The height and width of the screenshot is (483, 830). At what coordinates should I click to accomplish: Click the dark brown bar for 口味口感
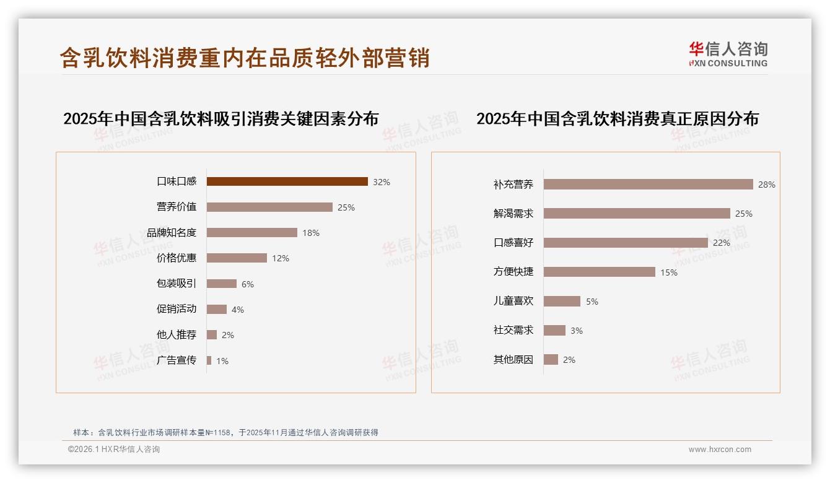click(x=287, y=181)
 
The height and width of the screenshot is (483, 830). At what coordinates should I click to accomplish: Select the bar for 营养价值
click(x=269, y=207)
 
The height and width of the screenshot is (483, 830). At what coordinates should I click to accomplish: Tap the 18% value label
click(x=311, y=233)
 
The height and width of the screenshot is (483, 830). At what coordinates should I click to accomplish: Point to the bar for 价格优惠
click(x=237, y=258)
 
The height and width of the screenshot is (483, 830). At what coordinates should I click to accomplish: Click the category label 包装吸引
click(x=176, y=284)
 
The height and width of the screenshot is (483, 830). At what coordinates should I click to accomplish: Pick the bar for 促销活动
click(x=217, y=309)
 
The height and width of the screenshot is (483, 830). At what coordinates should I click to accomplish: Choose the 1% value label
click(x=222, y=360)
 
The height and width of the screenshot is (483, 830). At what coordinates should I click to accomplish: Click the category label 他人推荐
click(x=176, y=334)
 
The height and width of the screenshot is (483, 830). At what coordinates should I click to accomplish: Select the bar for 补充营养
click(x=648, y=185)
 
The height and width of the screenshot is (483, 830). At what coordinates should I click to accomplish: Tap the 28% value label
click(x=767, y=185)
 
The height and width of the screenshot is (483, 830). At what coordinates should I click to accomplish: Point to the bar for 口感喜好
click(x=626, y=243)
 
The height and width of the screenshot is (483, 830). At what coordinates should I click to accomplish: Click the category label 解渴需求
click(x=513, y=214)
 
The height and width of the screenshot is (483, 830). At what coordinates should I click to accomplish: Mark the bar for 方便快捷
click(x=599, y=272)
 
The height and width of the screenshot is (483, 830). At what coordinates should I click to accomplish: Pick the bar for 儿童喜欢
click(x=562, y=301)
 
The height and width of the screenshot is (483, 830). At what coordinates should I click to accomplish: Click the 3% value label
click(x=577, y=331)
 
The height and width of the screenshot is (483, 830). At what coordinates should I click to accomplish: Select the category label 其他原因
click(x=513, y=360)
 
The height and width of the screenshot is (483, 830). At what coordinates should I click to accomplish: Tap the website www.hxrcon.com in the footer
click(x=720, y=450)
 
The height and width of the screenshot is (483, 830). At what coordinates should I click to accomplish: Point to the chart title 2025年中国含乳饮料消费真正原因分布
click(x=617, y=118)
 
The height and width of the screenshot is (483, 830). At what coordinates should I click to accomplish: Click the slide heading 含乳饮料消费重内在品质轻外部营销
click(x=245, y=58)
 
